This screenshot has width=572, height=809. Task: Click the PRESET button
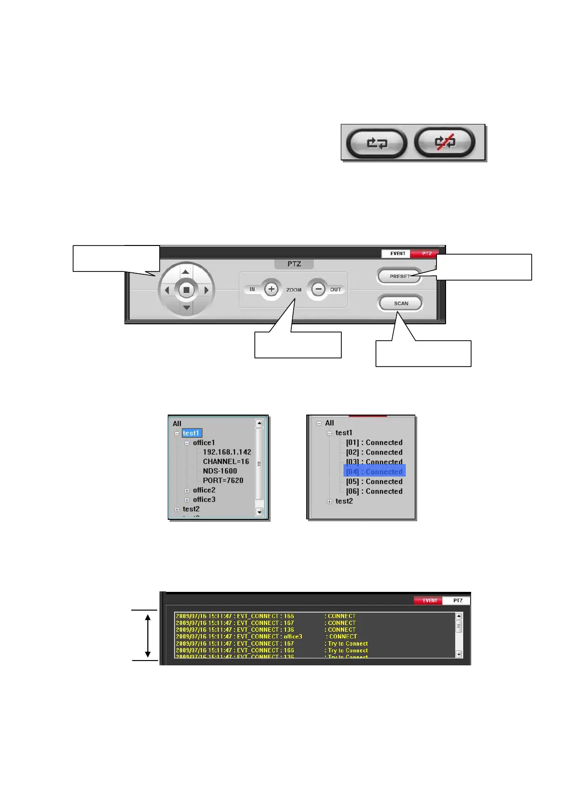click(399, 276)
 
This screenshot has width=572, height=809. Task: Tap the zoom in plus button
click(272, 289)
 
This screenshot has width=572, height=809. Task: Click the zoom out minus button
click(318, 289)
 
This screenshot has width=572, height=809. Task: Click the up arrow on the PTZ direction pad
click(186, 272)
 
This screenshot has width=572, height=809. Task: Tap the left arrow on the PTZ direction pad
click(167, 290)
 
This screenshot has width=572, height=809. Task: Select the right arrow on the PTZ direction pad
click(206, 290)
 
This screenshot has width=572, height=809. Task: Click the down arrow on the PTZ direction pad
click(186, 307)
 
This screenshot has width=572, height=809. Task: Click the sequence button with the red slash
click(445, 142)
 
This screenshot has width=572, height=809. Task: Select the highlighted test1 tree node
click(191, 433)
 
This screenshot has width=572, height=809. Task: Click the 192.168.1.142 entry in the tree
click(227, 452)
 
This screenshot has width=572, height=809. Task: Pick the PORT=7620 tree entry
click(223, 480)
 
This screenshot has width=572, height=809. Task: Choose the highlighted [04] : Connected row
click(374, 472)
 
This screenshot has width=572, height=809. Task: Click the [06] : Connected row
click(374, 491)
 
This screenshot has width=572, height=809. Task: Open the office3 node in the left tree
click(204, 500)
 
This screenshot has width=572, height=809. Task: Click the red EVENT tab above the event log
click(429, 601)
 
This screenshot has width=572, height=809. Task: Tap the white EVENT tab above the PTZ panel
click(398, 253)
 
